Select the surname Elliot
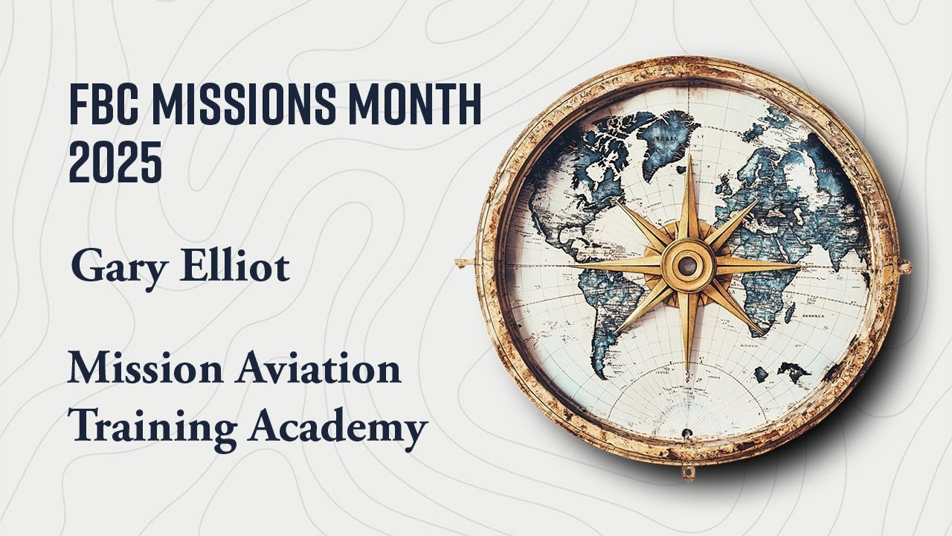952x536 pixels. click(x=235, y=266)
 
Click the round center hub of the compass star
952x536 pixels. click(x=688, y=264)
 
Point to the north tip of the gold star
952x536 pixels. click(x=688, y=156)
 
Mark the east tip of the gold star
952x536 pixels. click(x=800, y=264)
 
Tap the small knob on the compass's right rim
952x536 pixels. click(x=904, y=266)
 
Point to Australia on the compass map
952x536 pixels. click(x=791, y=372)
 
